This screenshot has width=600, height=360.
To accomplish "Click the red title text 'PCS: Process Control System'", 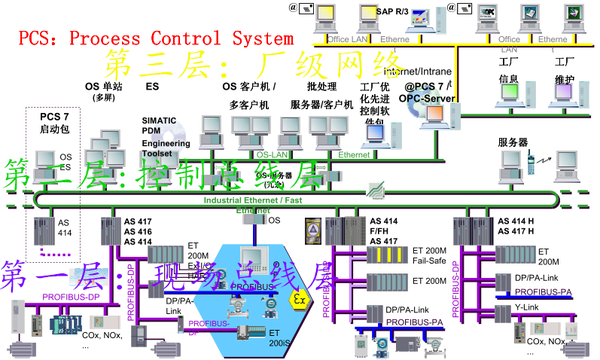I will [155, 39].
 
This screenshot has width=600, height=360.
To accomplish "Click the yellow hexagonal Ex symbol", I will [297, 299].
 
